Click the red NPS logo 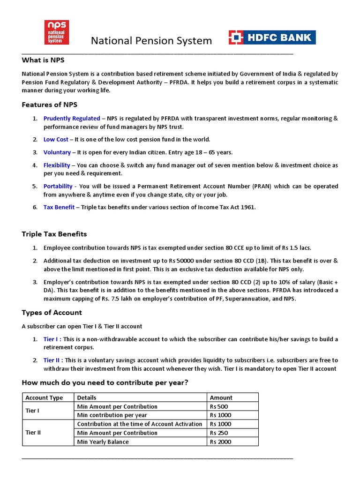tap(57, 32)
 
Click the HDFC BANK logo tap(272, 37)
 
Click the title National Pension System tap(151, 41)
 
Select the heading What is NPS tap(43, 60)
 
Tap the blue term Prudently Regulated tap(72, 119)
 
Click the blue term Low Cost tap(56, 140)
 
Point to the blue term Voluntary tap(57, 152)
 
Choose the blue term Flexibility tap(57, 165)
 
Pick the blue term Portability tap(58, 186)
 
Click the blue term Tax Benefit tap(59, 207)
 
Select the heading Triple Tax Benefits tap(54, 234)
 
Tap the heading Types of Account tap(52, 312)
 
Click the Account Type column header tap(44, 397)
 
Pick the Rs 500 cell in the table tap(218, 406)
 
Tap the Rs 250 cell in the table tap(218, 433)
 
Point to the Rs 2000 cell tap(220, 442)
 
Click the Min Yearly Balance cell tap(103, 442)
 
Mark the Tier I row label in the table tap(33, 411)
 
